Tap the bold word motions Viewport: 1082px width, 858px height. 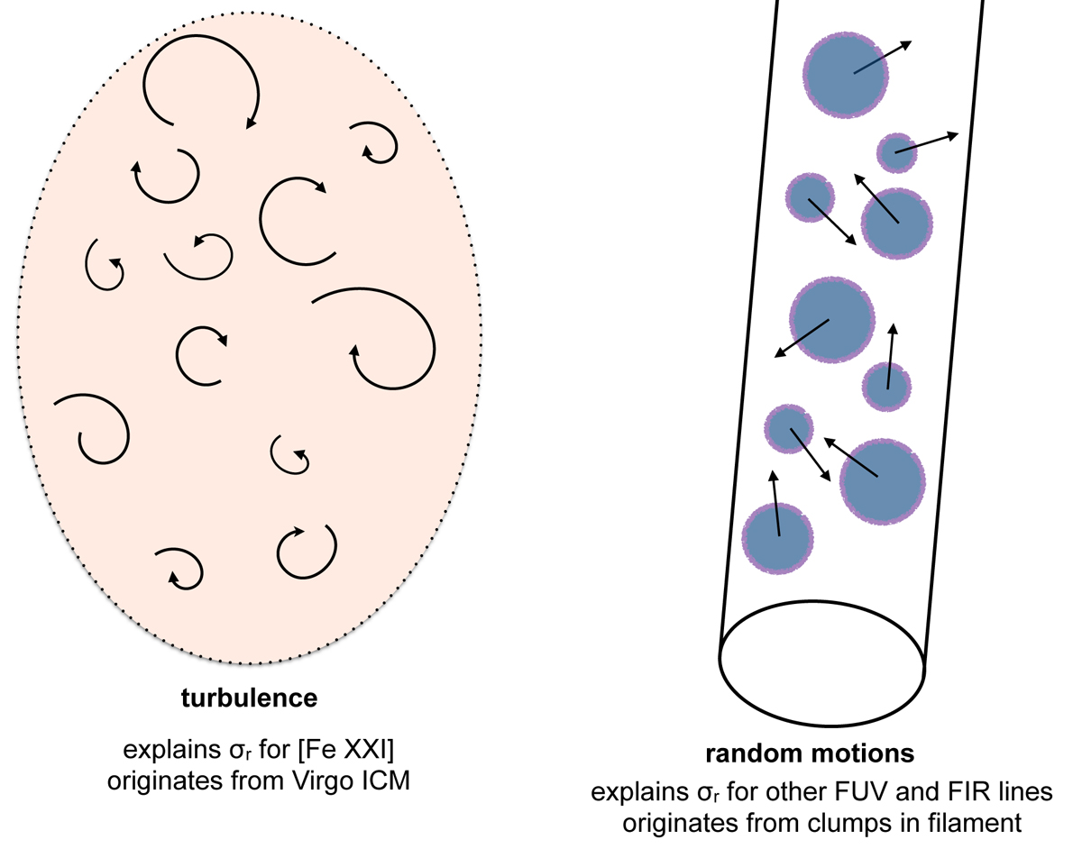coord(847,753)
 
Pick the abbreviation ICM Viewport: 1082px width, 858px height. coord(386,780)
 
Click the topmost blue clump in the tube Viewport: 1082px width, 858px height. coord(845,77)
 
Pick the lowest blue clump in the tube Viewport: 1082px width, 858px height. coord(778,537)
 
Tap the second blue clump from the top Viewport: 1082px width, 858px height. coord(897,153)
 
